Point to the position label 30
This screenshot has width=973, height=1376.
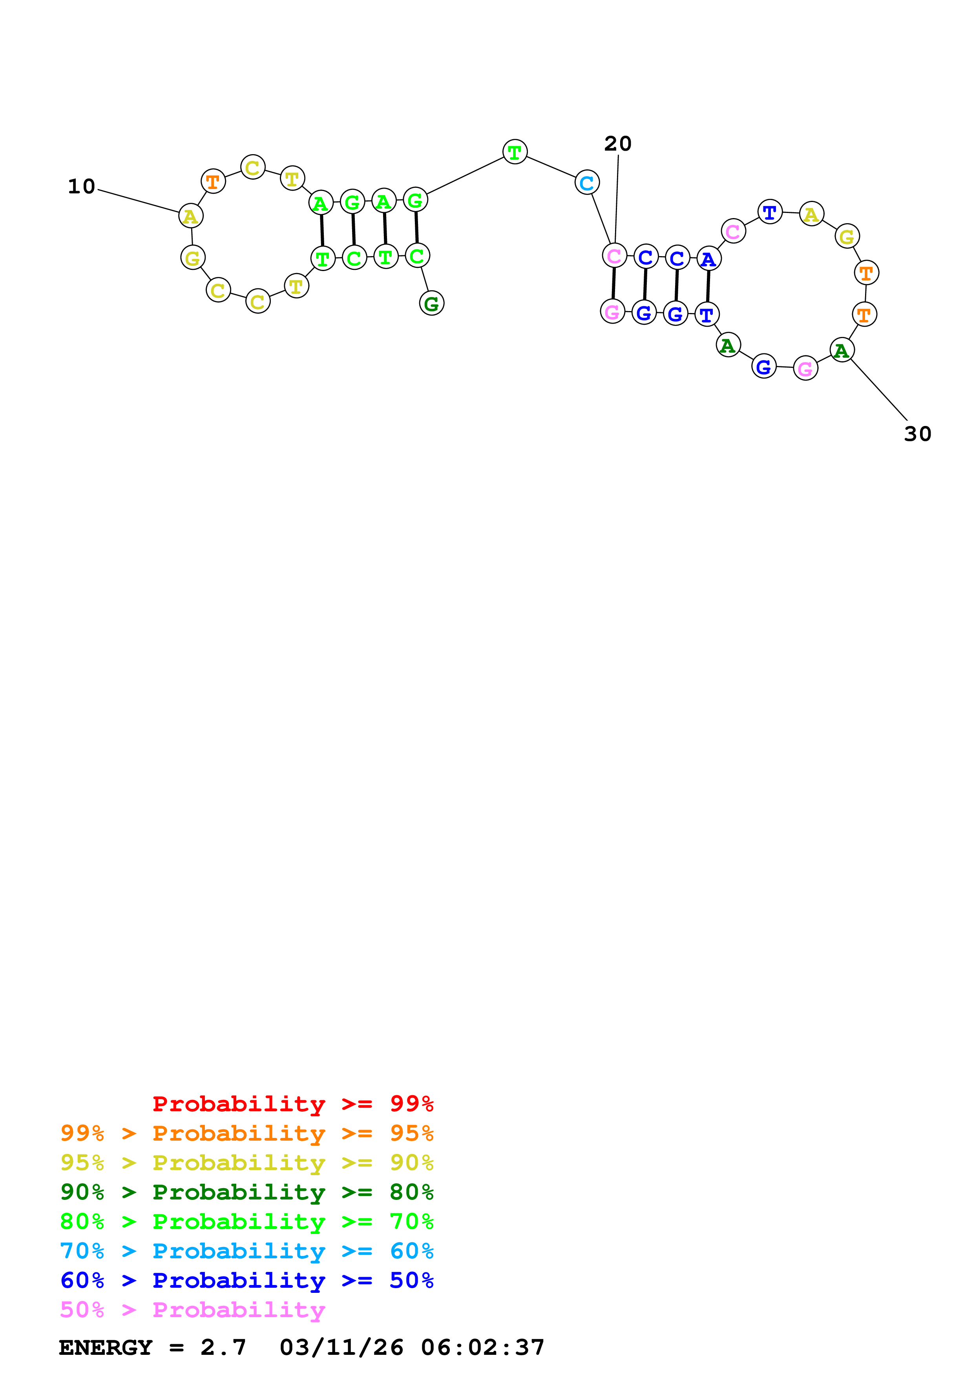917,434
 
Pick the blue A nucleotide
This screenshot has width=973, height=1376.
708,259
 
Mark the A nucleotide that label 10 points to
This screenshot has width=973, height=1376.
191,216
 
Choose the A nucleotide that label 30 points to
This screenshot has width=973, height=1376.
842,350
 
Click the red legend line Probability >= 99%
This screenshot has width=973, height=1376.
292,1103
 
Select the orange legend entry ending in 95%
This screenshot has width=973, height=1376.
246,1133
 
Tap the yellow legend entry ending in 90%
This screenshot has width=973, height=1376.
246,1162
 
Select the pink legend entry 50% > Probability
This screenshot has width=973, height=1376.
192,1309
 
